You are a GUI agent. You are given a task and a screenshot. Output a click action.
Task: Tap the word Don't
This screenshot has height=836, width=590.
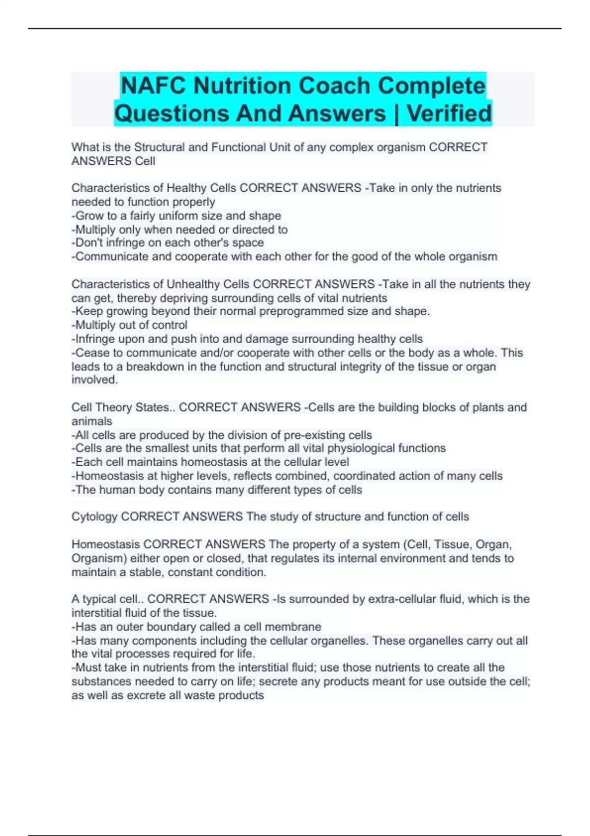89,242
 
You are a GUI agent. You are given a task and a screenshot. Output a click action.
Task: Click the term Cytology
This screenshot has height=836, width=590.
94,516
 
